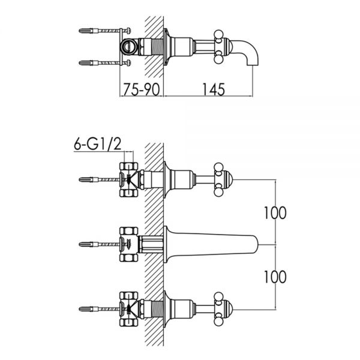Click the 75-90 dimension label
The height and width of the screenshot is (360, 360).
(x=141, y=89)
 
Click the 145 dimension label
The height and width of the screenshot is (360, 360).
(x=214, y=89)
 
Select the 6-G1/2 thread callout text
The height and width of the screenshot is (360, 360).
(x=97, y=144)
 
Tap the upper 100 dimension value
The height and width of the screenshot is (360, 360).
(x=275, y=213)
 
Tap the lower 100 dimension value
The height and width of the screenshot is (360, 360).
(x=275, y=277)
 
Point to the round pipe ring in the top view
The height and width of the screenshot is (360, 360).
(x=127, y=47)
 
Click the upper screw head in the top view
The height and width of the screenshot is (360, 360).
(x=128, y=31)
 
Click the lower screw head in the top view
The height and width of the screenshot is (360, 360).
(x=128, y=62)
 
